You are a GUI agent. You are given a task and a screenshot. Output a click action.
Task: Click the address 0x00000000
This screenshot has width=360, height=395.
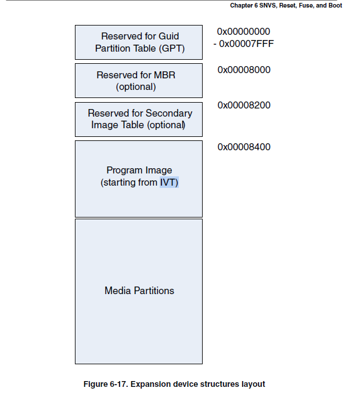pyautogui.click(x=244, y=31)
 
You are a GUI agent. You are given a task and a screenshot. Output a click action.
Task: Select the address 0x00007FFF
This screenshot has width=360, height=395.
pyautogui.click(x=247, y=43)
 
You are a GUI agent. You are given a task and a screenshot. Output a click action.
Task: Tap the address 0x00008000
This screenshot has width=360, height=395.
pyautogui.click(x=244, y=70)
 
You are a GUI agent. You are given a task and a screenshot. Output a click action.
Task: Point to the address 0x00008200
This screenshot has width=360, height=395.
pyautogui.click(x=244, y=106)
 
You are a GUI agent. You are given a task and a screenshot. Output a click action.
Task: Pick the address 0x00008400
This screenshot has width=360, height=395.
pyautogui.click(x=244, y=147)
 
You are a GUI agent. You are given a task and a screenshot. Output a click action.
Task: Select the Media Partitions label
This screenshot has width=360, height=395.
pyautogui.click(x=139, y=291)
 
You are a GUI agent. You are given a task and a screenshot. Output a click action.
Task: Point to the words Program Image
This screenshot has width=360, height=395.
pyautogui.click(x=139, y=171)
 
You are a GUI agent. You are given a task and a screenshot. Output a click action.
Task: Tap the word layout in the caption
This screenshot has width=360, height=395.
pyautogui.click(x=254, y=384)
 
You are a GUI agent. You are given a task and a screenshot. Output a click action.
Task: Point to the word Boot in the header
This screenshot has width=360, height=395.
pyautogui.click(x=334, y=5)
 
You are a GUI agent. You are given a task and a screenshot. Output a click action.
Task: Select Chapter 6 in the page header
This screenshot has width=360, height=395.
pyautogui.click(x=245, y=5)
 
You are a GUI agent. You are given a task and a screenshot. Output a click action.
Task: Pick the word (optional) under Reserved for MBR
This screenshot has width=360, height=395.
pyautogui.click(x=136, y=87)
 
